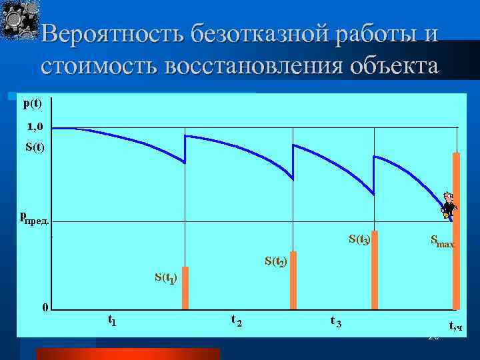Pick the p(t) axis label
coord(32,103)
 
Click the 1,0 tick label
coord(35,127)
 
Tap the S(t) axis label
coord(34,147)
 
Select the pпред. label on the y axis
coord(33,217)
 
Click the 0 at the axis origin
coord(45,307)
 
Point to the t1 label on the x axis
coord(111,320)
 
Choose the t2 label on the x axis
coord(236,321)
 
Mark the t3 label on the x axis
coord(335,321)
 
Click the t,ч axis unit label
coord(456,326)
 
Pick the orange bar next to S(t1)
coord(185,288)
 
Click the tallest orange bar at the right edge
coord(456,230)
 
